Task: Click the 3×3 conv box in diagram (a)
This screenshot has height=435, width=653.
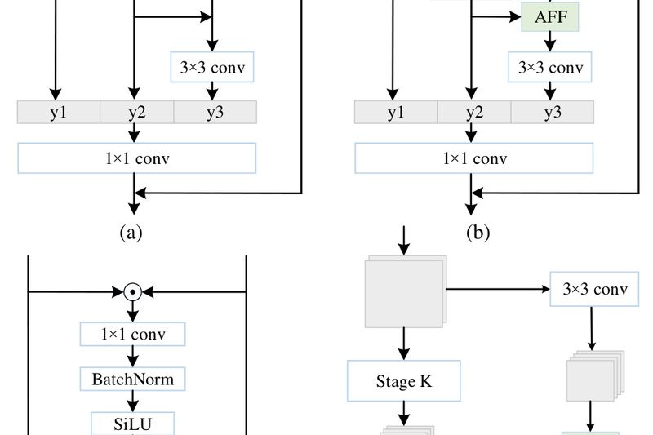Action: pos(212,67)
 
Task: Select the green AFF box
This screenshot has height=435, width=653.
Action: pos(549,16)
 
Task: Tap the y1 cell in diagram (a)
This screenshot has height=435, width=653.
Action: pos(58,112)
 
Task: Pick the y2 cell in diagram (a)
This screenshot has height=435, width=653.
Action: pos(136,112)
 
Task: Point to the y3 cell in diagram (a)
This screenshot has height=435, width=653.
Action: pos(215,112)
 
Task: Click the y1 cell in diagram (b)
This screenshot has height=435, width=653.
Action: pos(396,112)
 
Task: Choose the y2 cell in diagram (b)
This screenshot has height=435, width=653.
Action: pos(474,112)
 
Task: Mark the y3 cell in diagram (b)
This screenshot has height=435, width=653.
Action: pos(553,112)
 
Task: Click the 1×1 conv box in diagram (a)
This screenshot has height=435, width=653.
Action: pos(136,158)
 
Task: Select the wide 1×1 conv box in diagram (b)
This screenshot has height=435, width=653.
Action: pos(473,158)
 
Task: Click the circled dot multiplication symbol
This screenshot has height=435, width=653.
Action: pos(133,291)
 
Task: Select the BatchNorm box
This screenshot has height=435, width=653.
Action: pos(132,378)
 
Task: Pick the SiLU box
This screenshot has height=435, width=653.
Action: pos(132,424)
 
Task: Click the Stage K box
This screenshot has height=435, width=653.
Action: pos(403,380)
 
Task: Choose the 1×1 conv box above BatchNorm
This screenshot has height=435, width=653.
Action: pos(132,334)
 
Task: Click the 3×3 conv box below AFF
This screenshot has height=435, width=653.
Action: pos(550,67)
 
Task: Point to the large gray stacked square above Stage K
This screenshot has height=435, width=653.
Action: pos(402,291)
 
